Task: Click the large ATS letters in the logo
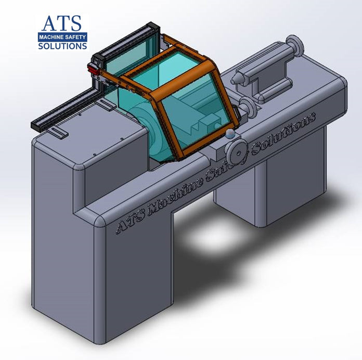(x=62, y=23)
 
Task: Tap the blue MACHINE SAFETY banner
(x=62, y=37)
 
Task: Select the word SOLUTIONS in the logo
(x=62, y=46)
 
